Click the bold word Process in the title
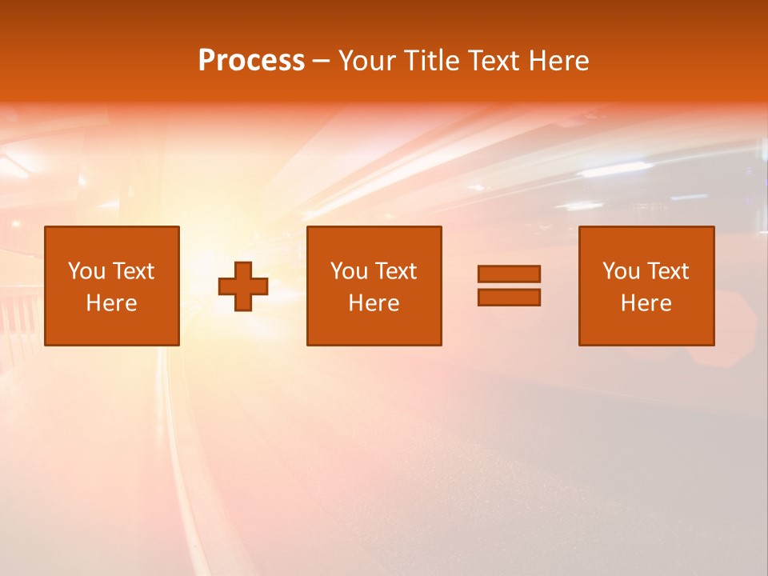coord(251,61)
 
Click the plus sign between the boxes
coord(243,286)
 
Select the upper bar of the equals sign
coord(509,274)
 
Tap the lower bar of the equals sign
coord(509,297)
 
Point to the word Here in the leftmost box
coord(111,303)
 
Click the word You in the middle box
coord(349,271)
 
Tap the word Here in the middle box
coord(374,303)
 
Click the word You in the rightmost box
coord(621,271)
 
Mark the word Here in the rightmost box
coord(646,303)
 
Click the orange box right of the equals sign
coord(646,328)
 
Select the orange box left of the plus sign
coord(111,328)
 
